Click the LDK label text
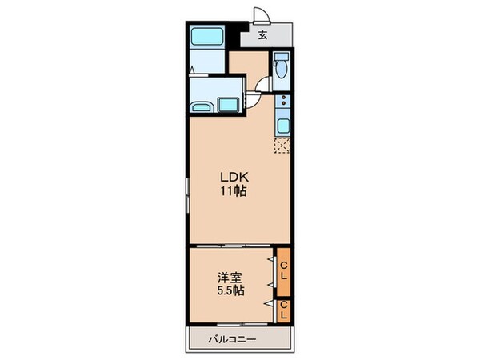pos(234,178)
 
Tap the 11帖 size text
pos(234,191)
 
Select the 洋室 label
pos(230,278)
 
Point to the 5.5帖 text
pos(230,291)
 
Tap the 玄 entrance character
pos(262,34)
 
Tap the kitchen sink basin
pos(282,125)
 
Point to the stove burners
pos(282,102)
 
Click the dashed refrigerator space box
pos(282,145)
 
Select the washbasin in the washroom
pos(202,107)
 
